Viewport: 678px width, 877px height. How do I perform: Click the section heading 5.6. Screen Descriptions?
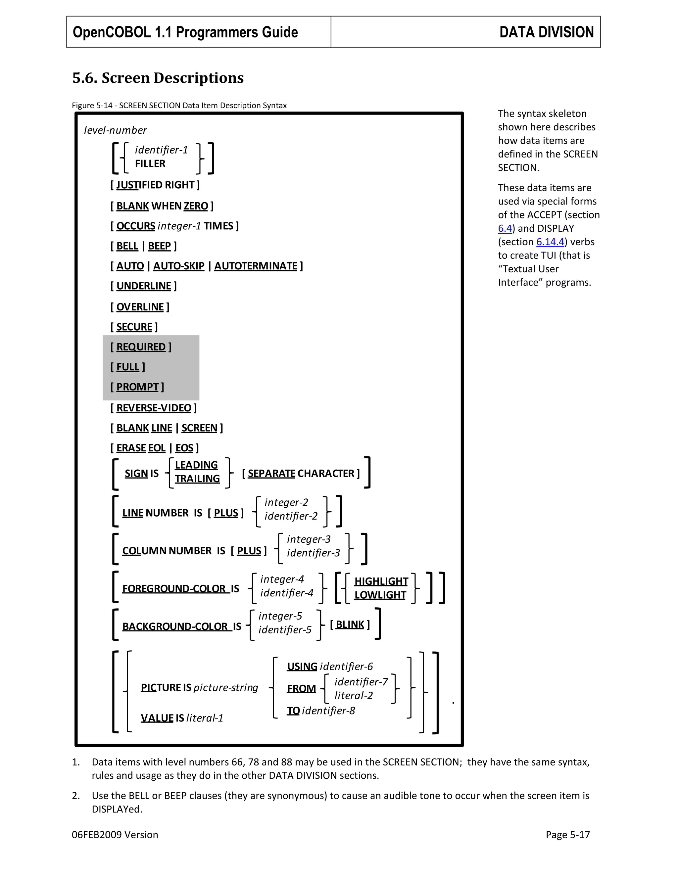(x=158, y=78)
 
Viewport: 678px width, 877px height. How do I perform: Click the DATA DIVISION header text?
(x=546, y=32)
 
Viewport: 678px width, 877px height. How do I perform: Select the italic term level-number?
(x=115, y=130)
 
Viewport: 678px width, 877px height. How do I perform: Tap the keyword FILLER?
(x=150, y=164)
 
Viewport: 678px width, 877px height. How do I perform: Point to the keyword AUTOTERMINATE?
(x=256, y=266)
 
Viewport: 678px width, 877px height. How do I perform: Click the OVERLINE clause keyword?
(x=140, y=307)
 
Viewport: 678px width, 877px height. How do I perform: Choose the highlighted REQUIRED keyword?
(x=141, y=347)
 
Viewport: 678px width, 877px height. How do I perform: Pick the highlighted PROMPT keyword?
(x=137, y=387)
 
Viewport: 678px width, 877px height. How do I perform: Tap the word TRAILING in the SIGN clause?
(x=197, y=479)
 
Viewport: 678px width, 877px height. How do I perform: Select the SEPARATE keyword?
(x=271, y=474)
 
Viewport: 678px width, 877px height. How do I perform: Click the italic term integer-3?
(x=309, y=539)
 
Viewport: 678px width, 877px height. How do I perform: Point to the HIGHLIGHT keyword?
(x=381, y=581)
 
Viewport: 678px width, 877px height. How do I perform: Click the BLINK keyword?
(x=350, y=625)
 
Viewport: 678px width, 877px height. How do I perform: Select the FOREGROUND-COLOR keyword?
(x=173, y=589)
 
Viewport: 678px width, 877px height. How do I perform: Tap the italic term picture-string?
(x=226, y=688)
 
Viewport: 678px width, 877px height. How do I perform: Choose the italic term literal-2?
(x=354, y=696)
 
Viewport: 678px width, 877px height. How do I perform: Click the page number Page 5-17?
(x=567, y=835)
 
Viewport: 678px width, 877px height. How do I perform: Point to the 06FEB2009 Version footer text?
(x=115, y=835)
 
